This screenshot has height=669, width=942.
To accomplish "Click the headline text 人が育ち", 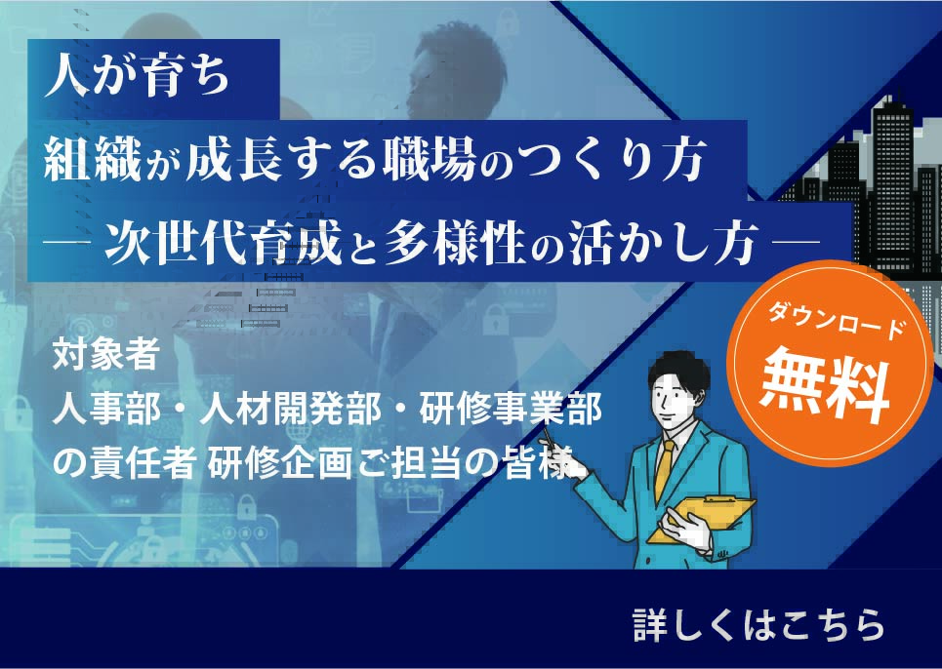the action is [x=138, y=78].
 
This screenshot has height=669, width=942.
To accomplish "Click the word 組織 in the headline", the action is [x=93, y=160].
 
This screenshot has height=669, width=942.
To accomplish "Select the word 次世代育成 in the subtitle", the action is [x=224, y=243].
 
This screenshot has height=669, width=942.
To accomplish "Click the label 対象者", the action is [x=105, y=355].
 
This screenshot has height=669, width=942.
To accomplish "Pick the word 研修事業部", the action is [x=511, y=410].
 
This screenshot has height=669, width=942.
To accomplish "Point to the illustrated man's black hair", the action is [x=679, y=369].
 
